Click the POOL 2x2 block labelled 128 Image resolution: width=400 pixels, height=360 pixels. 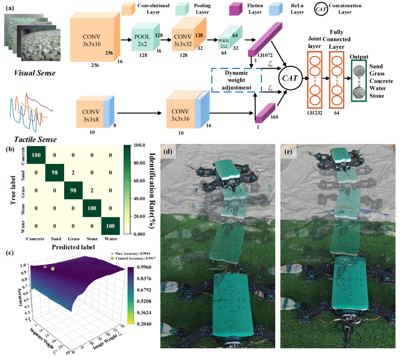(x=142, y=40)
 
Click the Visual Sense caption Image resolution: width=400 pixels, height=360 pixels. (x=35, y=73)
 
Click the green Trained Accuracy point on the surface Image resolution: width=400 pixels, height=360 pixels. (x=52, y=269)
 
